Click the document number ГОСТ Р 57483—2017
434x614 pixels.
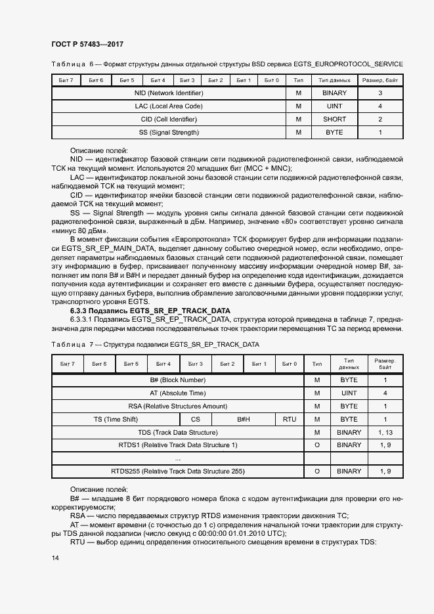pos(87,45)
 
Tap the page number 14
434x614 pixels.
pos(55,558)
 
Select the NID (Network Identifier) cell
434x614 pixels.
pos(169,93)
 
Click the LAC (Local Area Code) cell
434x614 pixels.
pos(169,106)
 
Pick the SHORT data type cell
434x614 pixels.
pos(334,120)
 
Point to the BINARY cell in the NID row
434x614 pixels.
pos(334,93)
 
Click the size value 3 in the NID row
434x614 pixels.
pos(380,93)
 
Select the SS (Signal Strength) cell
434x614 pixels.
pos(169,133)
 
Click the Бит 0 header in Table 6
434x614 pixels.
pos(272,80)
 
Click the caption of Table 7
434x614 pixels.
pos(155,344)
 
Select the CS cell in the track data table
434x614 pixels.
pos(196,419)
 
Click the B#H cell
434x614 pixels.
pos(244,419)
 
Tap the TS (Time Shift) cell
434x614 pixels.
pos(116,419)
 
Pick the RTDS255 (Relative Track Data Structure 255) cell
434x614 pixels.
pos(177,471)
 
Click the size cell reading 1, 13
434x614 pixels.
pos(385,432)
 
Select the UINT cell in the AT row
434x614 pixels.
pos(349,393)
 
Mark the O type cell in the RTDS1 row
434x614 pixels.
pos(317,445)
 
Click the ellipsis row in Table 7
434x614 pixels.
pos(177,458)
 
